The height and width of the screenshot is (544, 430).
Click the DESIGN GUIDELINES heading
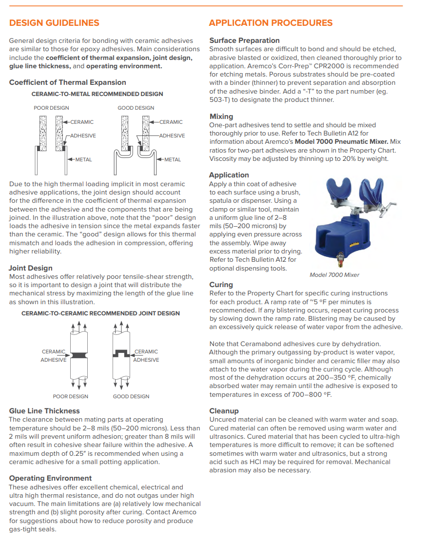54,23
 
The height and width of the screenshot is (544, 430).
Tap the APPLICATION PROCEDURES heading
271,23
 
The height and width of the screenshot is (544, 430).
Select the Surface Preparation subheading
244,40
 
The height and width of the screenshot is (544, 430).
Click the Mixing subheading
221,117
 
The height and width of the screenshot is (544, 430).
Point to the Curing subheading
221,285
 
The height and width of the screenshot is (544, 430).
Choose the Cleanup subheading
224,411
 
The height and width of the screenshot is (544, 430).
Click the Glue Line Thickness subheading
44,411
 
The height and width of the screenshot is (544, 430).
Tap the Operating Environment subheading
50,478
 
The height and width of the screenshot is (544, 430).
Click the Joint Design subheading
30,268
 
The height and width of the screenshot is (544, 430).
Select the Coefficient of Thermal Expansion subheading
67,82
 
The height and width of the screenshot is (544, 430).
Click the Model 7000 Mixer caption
334,275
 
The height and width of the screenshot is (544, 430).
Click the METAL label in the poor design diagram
83,159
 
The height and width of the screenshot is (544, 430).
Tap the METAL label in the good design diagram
172,159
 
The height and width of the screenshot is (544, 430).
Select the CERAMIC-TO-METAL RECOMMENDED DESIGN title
98,94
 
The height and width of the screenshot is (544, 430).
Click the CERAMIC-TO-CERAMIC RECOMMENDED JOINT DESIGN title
100,313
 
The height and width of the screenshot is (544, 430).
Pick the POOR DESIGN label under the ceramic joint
71,396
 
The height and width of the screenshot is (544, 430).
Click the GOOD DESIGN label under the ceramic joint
131,396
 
